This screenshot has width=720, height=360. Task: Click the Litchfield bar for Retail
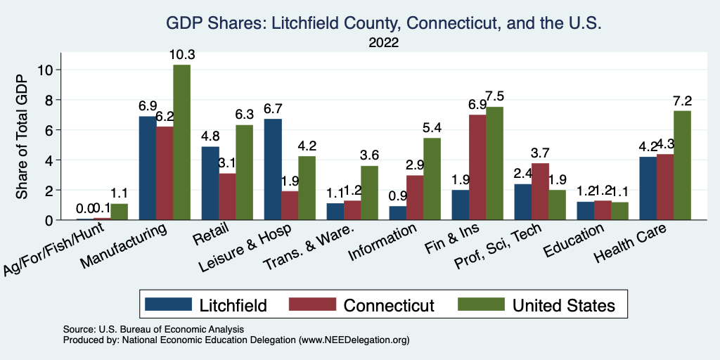pos(210,183)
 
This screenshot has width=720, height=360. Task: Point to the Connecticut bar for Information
pos(416,198)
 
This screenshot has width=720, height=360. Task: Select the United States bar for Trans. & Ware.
pos(369,193)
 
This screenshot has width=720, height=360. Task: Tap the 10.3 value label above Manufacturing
pos(181,54)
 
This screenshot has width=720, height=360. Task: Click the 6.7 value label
pos(272,108)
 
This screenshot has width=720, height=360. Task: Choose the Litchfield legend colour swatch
pos(168,304)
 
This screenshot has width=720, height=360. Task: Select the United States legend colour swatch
pos(480,304)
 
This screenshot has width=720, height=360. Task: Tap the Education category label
pos(575,239)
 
